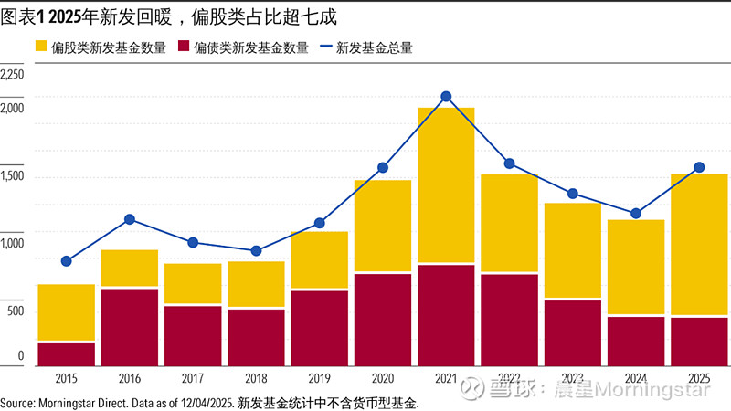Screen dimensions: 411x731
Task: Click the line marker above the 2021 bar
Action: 446,97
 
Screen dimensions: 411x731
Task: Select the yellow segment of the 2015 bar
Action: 66,312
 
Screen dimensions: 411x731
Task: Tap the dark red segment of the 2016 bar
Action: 129,327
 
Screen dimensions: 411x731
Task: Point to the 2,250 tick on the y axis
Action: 14,74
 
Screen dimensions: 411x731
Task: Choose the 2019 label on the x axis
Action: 319,378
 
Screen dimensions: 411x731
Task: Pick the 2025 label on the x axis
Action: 699,378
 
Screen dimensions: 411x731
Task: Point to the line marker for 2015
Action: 66,261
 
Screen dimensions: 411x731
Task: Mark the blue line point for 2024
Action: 636,214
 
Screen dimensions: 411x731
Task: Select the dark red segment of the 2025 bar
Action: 699,341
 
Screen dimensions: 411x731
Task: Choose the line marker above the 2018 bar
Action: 256,250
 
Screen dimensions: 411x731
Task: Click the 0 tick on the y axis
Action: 20,355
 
